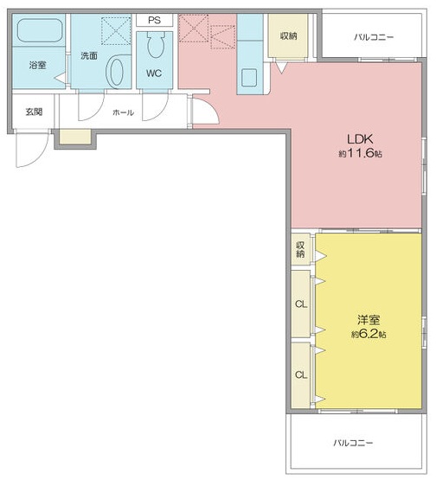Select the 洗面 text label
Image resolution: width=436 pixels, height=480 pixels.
point(88,55)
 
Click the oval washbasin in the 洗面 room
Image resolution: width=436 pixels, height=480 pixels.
point(115,73)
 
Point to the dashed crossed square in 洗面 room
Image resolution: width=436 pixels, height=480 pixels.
point(114,32)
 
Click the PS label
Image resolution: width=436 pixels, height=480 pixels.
point(154,20)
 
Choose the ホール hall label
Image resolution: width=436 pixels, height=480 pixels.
point(123,112)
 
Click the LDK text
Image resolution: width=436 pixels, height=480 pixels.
point(360,138)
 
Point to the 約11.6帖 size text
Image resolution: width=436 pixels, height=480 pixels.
point(360,153)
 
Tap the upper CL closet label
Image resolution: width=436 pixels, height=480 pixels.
point(300,304)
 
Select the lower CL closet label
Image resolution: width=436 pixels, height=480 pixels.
point(300,374)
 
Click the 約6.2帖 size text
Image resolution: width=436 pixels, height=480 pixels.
point(369,334)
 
